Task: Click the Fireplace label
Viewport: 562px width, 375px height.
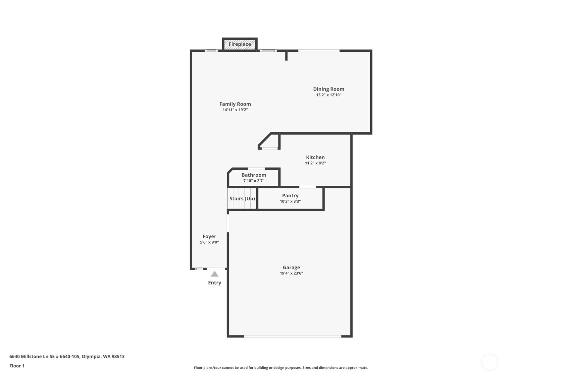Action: coord(239,44)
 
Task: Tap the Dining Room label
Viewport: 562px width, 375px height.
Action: coord(329,89)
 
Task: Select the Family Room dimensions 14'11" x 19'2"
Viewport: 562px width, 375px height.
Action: coord(235,110)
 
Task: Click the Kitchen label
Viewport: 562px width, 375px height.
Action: coord(315,157)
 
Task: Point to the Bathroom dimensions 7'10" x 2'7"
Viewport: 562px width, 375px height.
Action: coord(254,181)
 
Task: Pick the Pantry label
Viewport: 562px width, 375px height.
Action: coord(290,195)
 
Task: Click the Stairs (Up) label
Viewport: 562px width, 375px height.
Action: coord(242,199)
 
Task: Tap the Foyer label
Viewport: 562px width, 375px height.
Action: coord(209,237)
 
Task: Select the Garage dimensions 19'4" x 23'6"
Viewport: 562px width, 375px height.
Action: coord(291,273)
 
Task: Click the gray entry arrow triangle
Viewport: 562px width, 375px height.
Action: coord(215,274)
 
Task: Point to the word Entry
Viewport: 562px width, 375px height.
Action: coord(215,282)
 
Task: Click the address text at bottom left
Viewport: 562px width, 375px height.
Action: coord(67,356)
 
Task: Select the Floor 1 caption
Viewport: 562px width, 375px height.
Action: coord(17,366)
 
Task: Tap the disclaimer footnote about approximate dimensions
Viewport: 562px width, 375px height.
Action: coord(281,368)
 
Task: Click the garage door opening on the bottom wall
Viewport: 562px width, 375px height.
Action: coord(292,336)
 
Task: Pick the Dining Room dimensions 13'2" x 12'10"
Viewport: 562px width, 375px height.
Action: coord(329,95)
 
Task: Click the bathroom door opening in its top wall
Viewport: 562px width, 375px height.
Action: coord(256,169)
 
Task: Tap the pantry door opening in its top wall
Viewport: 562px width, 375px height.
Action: coord(308,187)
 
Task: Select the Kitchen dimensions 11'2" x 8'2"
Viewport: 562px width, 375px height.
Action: coord(315,163)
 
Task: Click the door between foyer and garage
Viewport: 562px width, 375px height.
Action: coord(228,223)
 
